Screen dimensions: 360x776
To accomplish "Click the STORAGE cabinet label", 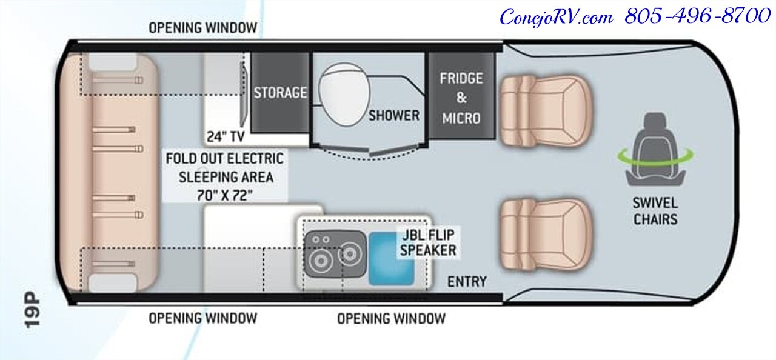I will pos(280,93).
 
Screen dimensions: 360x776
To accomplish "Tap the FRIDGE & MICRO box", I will pos(461,97).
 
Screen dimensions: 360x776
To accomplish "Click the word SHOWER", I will pos(394,115).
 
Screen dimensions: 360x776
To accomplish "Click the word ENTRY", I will pos(467,281).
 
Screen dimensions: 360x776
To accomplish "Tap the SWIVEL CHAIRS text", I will pos(655,210).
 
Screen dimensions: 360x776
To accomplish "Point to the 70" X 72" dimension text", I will pos(224,195).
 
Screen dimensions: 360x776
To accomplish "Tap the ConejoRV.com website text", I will pos(557,17).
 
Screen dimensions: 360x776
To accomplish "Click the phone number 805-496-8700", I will pos(697,17).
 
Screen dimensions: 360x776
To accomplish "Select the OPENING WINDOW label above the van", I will pos(202,28).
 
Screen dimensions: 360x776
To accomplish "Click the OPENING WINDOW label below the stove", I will pos(391,318).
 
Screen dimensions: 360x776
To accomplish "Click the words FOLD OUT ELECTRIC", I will pos(224,159).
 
